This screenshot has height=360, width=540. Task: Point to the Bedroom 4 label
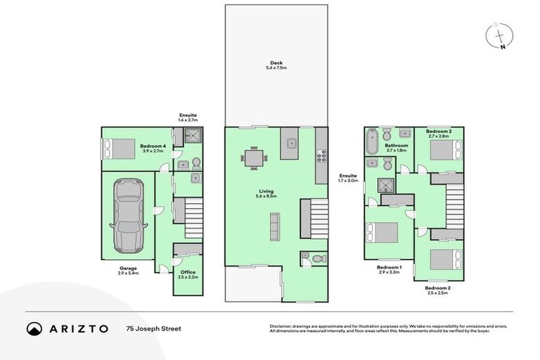tap(152, 145)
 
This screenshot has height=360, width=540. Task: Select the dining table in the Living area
tap(255, 158)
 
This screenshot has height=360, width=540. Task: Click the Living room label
tap(265, 192)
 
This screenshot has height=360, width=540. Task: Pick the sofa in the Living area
tap(274, 226)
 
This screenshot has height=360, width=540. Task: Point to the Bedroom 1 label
tap(389, 268)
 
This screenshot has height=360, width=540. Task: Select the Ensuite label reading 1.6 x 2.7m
tap(187, 117)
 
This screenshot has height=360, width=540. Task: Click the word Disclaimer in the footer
tap(283, 326)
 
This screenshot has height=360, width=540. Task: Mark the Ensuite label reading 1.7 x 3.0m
tap(348, 179)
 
